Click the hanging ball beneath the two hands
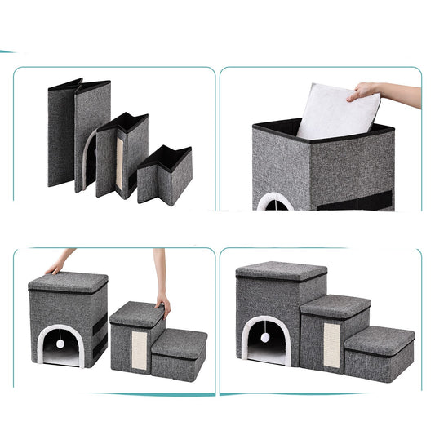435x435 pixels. tap(60, 344)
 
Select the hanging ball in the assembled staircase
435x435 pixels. tap(266, 337)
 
